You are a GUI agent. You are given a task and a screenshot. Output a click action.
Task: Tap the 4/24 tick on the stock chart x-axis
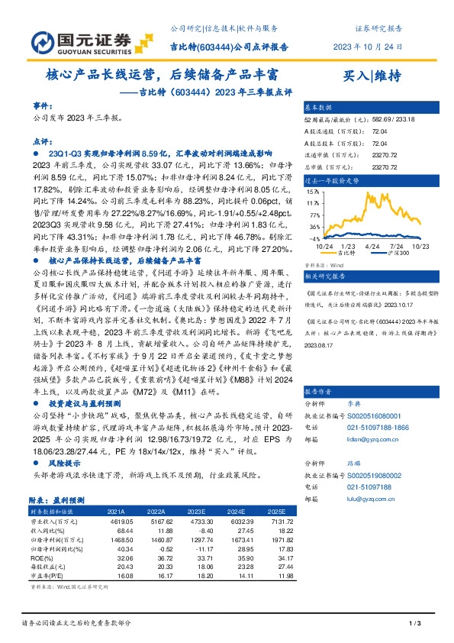pyautogui.click(x=372, y=246)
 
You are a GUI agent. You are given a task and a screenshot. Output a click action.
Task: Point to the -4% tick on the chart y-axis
pyautogui.click(x=314, y=239)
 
